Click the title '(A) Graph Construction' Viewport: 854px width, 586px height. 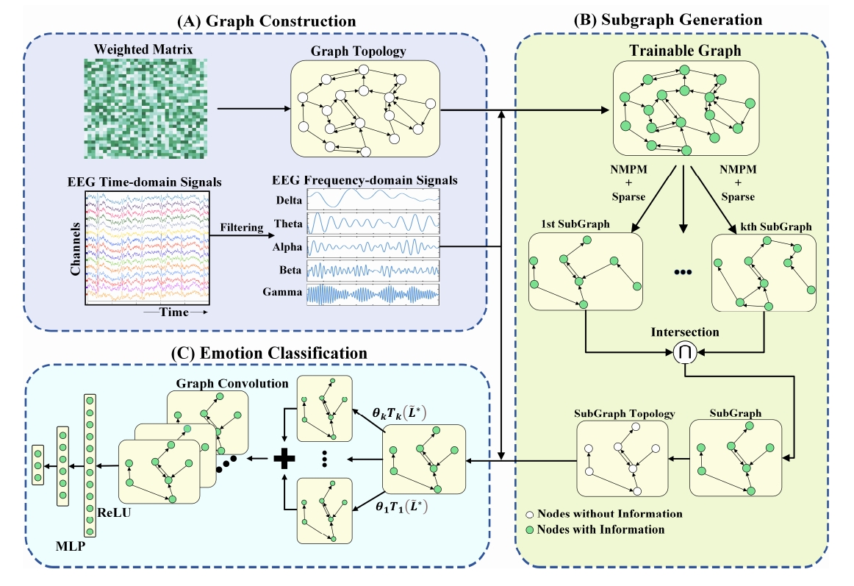(x=265, y=21)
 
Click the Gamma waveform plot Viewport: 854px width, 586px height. (x=373, y=295)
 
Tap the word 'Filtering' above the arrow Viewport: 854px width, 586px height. (x=240, y=228)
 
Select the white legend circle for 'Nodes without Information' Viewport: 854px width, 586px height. (x=530, y=514)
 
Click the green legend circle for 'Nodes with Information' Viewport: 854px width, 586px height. (x=530, y=529)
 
